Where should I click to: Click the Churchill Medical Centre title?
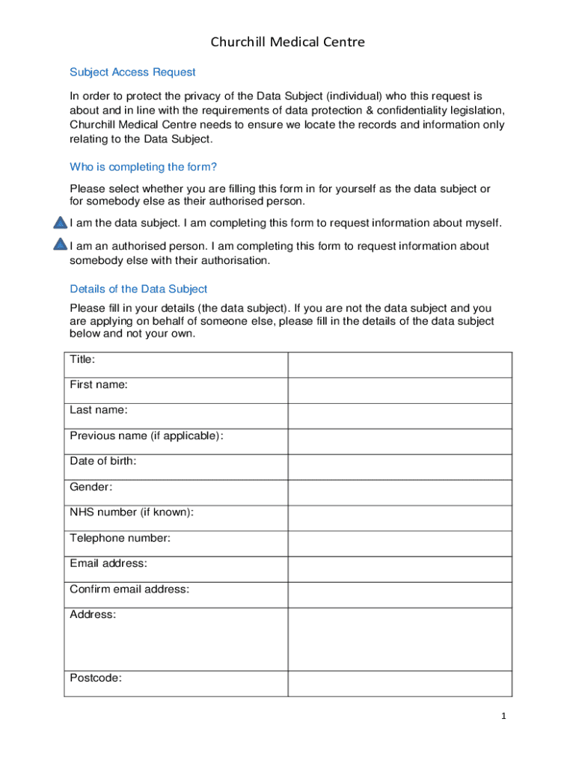(287, 42)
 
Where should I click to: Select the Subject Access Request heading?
(132, 72)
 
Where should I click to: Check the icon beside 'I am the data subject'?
(61, 223)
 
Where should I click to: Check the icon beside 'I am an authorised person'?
(61, 245)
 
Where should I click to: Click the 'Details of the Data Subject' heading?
(138, 289)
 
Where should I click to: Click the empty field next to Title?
(399, 365)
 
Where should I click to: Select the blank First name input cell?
(399, 390)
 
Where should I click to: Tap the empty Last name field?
(399, 416)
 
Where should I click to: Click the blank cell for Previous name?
(399, 441)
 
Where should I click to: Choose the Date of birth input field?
(399, 467)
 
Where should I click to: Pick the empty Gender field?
(399, 492)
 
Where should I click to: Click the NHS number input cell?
(399, 518)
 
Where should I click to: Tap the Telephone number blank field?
(399, 543)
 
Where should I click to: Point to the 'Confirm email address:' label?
(129, 589)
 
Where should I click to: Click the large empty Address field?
(399, 639)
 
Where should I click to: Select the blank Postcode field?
(399, 683)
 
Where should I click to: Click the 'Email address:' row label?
(108, 563)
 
